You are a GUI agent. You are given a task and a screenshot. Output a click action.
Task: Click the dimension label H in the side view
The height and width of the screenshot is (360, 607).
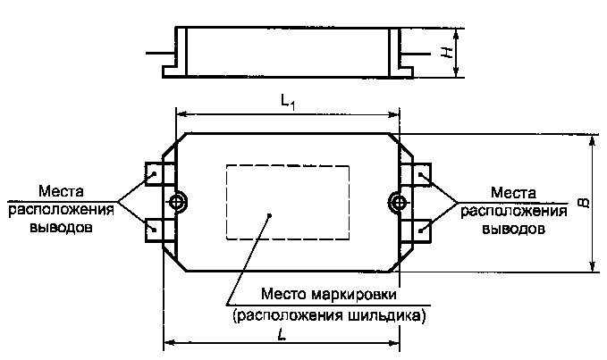445,53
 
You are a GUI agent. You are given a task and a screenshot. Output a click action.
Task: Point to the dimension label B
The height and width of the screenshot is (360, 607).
581,204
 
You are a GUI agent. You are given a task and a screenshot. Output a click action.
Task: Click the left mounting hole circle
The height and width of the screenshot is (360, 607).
179,202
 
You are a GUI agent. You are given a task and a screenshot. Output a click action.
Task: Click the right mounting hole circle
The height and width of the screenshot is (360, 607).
396,202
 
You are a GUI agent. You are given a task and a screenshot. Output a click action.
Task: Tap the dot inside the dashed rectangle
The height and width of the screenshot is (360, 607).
270,214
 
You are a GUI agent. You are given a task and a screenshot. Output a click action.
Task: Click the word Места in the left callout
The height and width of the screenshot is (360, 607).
62,192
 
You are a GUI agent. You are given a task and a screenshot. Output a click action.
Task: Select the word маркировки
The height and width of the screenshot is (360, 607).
356,296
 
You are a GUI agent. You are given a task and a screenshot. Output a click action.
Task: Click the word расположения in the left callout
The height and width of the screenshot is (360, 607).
62,210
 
